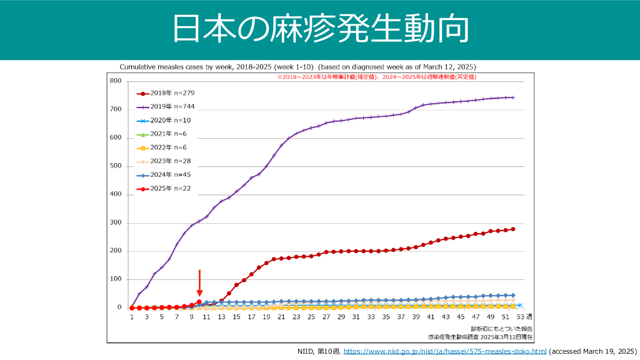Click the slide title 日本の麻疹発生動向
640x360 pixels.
point(319,30)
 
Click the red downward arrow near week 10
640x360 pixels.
point(199,283)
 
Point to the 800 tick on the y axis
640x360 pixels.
point(116,81)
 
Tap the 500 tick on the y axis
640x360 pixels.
point(116,166)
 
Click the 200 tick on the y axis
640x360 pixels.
point(116,251)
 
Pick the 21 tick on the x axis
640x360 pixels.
point(281,317)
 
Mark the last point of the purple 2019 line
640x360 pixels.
point(513,97)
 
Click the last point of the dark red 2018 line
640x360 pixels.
point(513,229)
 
